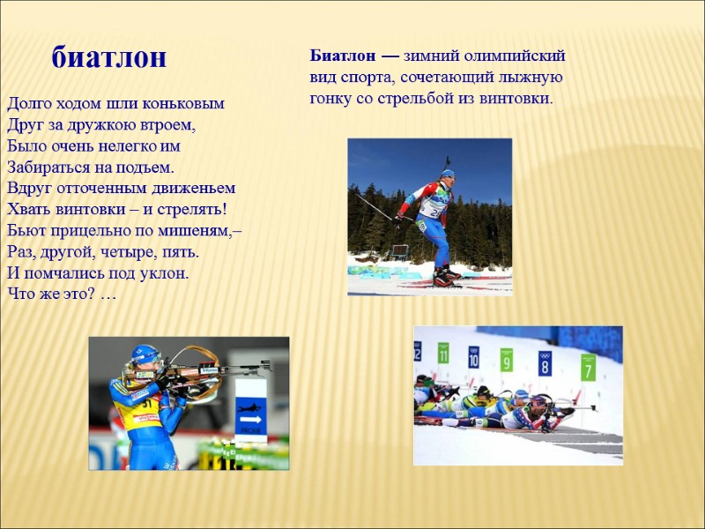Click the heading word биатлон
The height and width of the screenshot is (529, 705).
(x=109, y=57)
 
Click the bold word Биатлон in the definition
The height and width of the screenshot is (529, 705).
(x=340, y=56)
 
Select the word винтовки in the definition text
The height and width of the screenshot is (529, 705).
(x=516, y=98)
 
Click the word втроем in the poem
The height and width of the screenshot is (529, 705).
(x=168, y=124)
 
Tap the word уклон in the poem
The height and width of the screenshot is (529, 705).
(x=167, y=272)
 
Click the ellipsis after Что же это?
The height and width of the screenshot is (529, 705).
(x=108, y=294)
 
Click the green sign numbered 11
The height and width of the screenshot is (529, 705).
(x=443, y=354)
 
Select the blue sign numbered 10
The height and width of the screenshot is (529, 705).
(x=474, y=356)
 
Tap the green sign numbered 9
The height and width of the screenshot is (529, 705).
(x=507, y=360)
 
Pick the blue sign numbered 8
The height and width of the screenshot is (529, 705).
(x=545, y=362)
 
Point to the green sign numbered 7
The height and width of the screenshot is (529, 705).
(x=588, y=367)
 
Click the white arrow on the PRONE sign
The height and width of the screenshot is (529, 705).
(x=251, y=419)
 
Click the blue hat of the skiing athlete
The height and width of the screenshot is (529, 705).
(x=448, y=174)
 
